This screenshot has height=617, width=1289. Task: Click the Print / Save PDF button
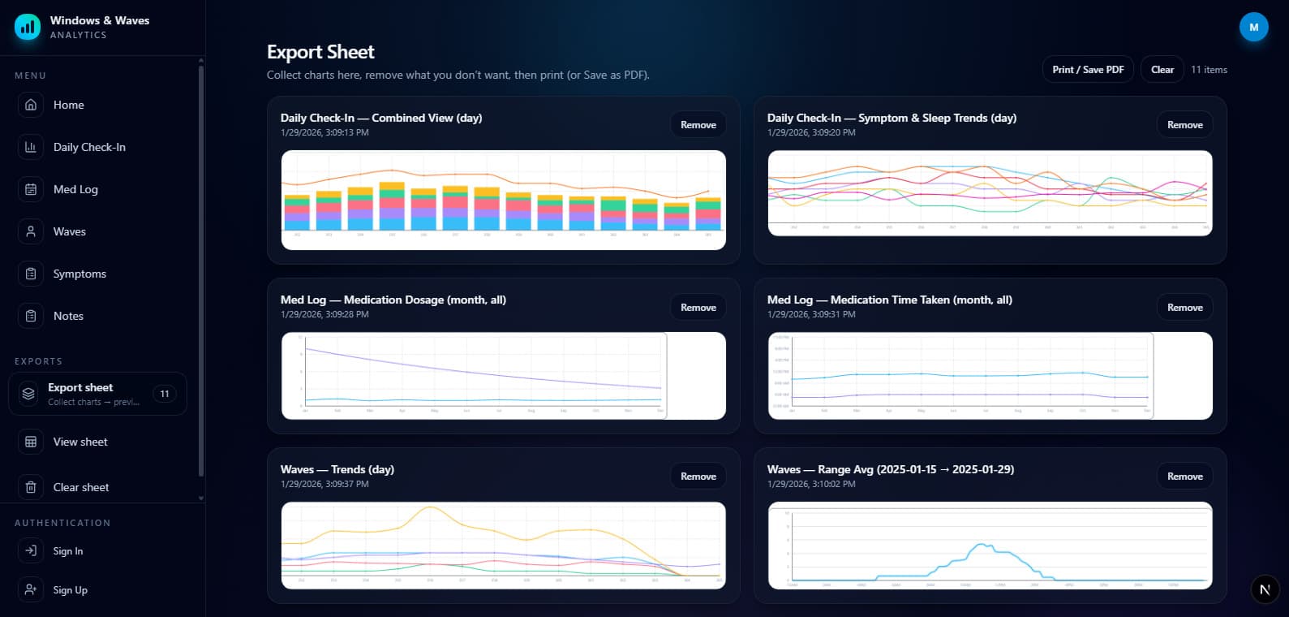1087,70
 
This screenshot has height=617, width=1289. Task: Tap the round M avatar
1253,27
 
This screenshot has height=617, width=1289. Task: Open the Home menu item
68,105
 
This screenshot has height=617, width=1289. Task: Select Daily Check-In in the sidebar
89,147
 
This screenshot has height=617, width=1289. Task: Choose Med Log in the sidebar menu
75,189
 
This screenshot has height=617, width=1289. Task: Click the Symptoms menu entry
79,274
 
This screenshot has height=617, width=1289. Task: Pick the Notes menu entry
68,316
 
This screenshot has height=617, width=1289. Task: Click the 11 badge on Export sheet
165,394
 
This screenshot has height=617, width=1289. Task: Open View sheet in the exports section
80,442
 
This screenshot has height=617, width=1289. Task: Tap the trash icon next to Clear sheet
31,487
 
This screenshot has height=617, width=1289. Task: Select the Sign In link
68,551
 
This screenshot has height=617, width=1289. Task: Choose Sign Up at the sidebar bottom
70,590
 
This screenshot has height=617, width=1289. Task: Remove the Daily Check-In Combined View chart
698,125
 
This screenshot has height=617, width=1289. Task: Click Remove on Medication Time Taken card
1184,308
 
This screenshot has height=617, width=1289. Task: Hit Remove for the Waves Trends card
698,477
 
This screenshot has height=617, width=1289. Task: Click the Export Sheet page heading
320,52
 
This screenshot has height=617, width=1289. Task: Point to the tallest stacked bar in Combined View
392,207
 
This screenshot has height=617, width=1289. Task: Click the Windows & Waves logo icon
28,27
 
